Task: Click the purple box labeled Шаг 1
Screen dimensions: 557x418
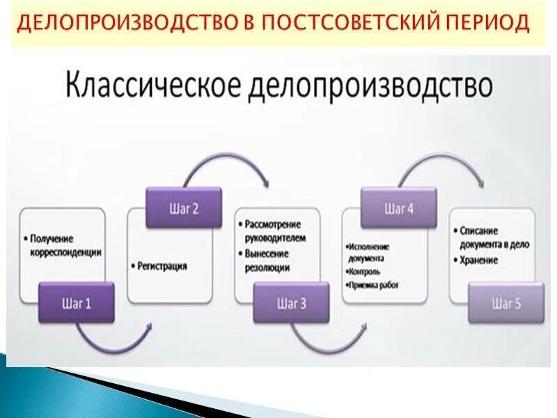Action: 76,303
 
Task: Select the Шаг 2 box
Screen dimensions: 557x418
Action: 184,207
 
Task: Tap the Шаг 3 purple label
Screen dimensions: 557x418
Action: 291,303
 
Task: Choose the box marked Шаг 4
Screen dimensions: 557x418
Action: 399,208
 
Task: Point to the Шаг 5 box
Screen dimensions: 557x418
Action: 506,303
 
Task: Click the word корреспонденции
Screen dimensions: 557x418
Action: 65,252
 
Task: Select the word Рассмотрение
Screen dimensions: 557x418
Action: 276,224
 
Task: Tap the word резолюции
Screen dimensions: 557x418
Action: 267,267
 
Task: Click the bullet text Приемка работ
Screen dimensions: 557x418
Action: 374,285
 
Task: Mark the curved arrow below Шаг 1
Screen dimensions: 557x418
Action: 115,338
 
